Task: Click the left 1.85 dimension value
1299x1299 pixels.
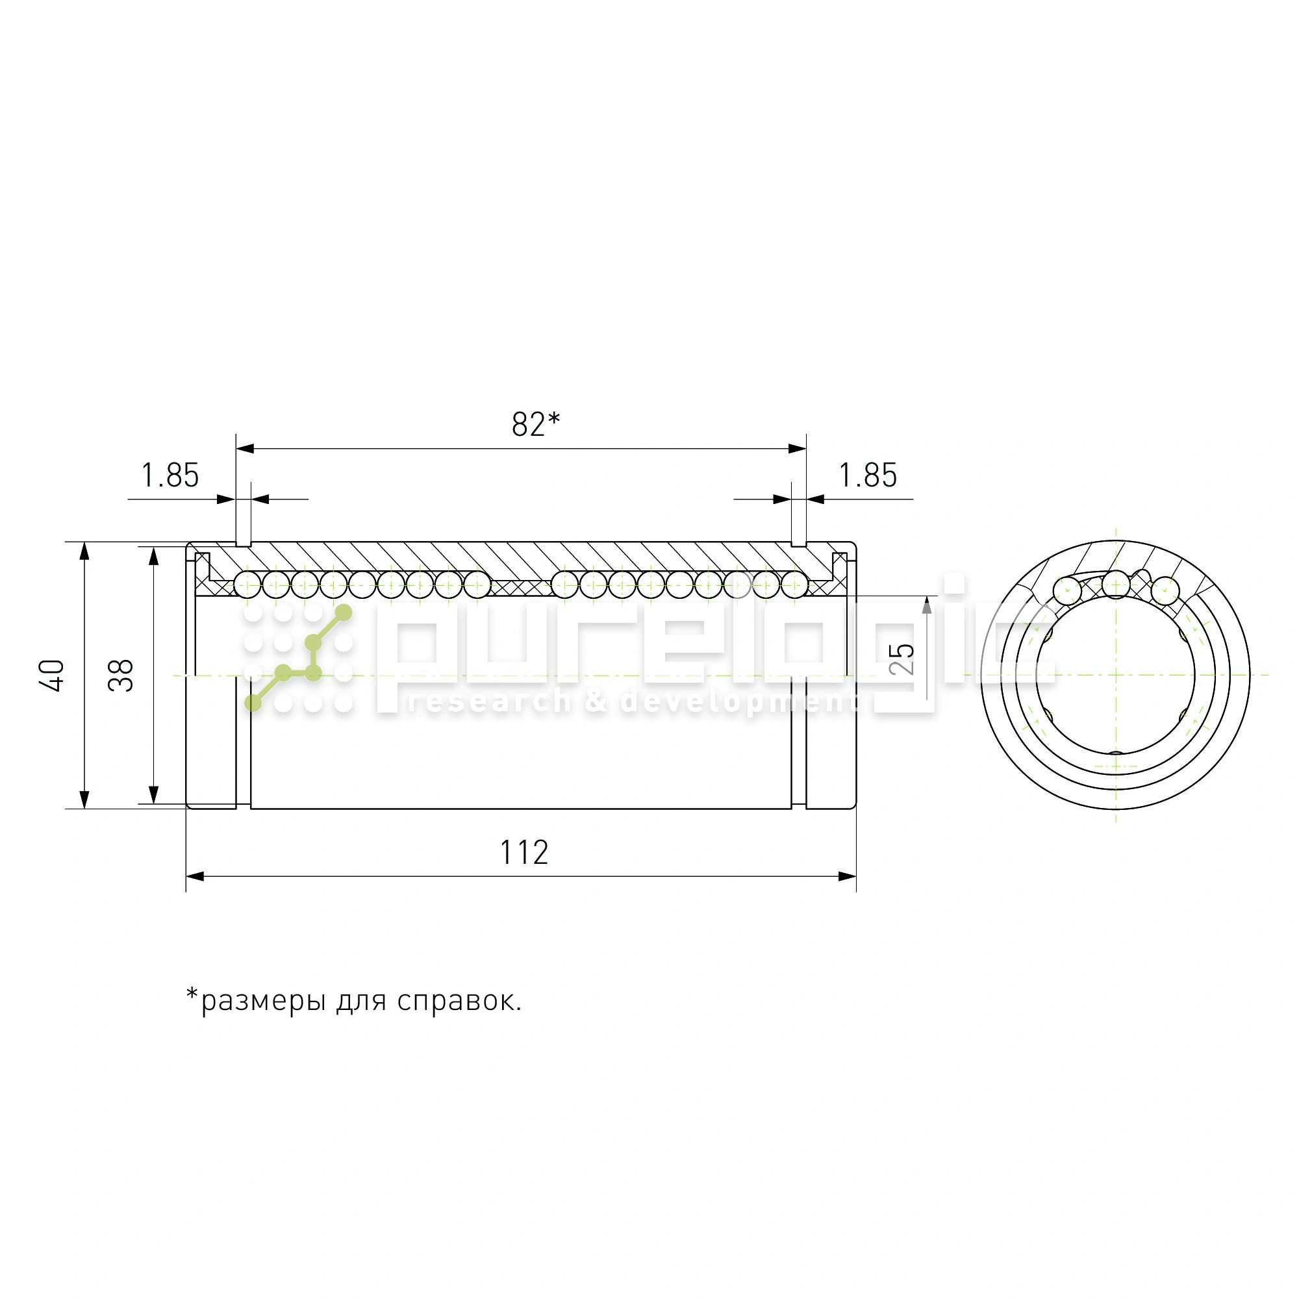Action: tap(170, 476)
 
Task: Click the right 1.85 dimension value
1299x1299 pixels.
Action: tap(867, 476)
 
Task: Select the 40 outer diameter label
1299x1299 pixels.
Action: tap(53, 674)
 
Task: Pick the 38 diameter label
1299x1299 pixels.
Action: tap(121, 674)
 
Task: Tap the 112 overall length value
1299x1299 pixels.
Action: tap(523, 853)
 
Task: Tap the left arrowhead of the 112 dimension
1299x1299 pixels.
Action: tap(195, 877)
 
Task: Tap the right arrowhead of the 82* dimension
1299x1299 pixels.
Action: tap(798, 448)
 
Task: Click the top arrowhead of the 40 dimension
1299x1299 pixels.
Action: tap(84, 551)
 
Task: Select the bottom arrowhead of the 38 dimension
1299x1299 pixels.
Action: tap(153, 795)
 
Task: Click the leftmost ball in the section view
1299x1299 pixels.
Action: tap(247, 585)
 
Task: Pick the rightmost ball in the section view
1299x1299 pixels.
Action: tap(795, 585)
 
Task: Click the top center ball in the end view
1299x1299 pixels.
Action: tap(1116, 584)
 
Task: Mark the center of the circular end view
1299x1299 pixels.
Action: tap(1116, 674)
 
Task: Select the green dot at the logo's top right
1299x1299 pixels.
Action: tap(344, 612)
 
